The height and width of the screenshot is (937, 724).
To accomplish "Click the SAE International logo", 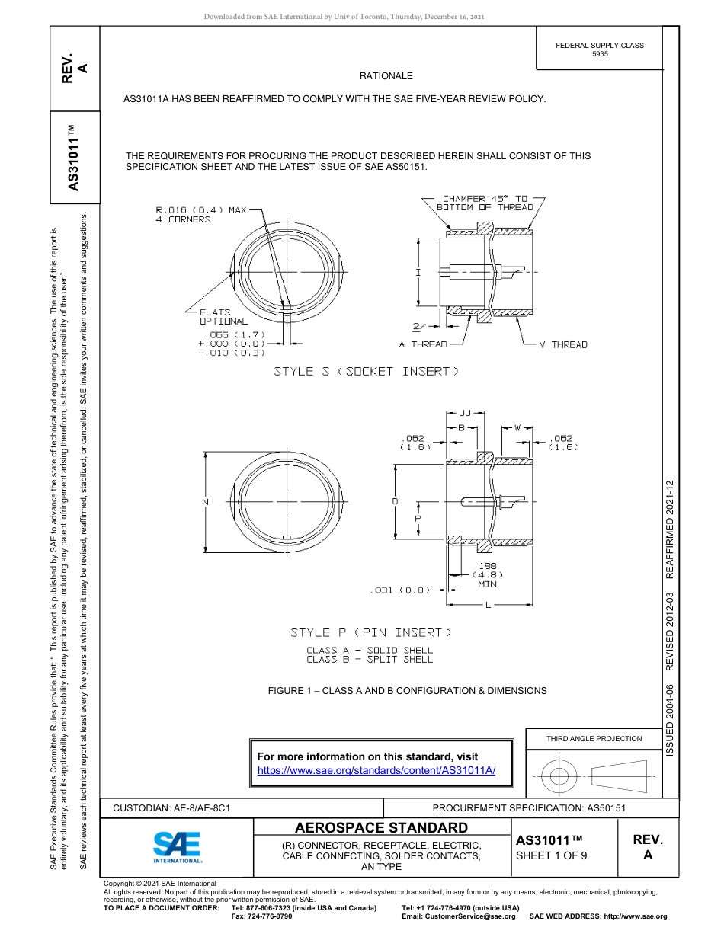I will point(178,846).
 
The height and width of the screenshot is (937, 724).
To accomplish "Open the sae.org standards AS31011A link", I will point(376,770).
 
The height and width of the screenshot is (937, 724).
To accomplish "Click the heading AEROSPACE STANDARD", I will point(381,828).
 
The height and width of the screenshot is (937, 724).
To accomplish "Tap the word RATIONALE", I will point(386,76).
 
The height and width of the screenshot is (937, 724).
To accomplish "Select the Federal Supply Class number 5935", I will point(600,54).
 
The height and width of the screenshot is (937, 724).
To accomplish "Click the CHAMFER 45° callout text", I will point(485,203).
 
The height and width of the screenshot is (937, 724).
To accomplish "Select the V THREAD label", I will point(563,344).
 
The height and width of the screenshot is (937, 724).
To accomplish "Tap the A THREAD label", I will point(423,344).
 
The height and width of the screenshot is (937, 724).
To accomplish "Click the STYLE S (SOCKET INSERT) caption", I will point(367,371).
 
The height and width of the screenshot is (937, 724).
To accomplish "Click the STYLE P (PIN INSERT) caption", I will point(371,632).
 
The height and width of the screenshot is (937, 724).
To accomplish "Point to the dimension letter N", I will point(206,501).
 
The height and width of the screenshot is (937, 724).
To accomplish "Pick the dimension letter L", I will point(488,606).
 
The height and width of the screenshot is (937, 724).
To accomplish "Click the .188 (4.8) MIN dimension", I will point(487,574).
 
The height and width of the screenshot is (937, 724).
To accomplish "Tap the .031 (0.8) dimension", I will point(399,590).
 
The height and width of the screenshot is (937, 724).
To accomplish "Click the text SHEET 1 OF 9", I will point(551,855).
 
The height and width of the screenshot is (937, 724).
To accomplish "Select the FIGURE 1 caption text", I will point(407,691).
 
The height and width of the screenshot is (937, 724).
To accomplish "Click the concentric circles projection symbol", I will point(560,776).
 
